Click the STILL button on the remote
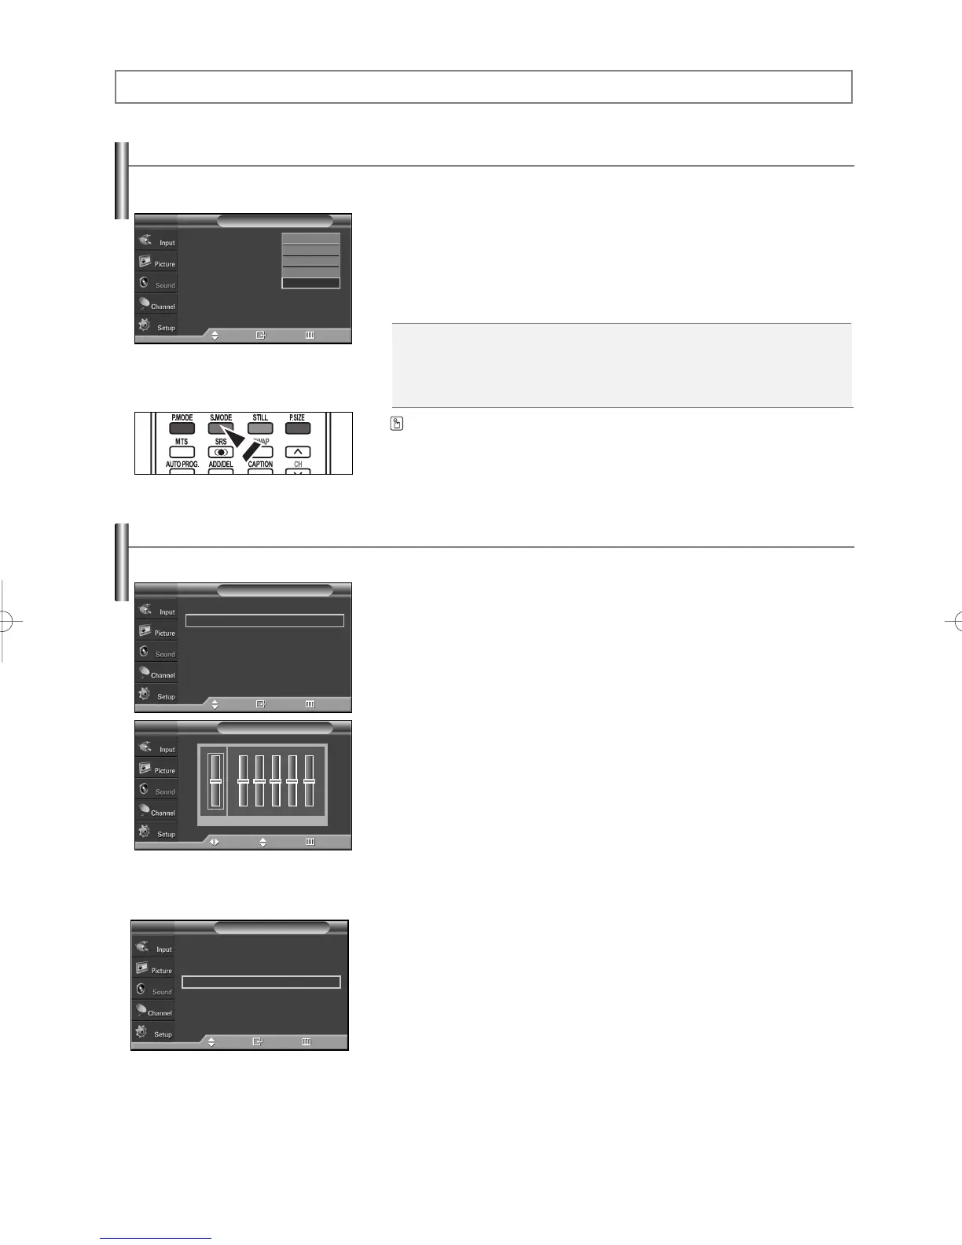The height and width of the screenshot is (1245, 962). point(260,428)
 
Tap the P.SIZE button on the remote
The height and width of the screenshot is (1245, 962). point(297,428)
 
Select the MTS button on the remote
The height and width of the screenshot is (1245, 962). point(182,452)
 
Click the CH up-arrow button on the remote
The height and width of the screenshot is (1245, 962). point(298,452)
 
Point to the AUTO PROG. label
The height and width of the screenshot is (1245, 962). point(182,465)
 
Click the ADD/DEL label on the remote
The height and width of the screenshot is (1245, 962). point(221,465)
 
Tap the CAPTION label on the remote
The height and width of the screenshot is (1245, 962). point(260,465)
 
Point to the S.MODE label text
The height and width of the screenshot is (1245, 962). point(221,417)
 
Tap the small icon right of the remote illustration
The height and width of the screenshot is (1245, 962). point(397,424)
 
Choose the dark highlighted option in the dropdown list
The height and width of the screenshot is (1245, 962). point(310,283)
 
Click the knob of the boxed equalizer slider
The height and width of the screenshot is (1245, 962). point(215,780)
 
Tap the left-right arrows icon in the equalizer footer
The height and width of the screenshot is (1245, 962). point(214,842)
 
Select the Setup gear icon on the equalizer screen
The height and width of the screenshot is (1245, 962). point(145,831)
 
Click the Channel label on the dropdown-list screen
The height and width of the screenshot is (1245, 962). point(163,307)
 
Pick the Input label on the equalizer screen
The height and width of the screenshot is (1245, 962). point(167,750)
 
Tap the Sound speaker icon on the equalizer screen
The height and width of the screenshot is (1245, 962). point(144,788)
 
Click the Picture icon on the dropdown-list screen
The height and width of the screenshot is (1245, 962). point(145,261)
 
